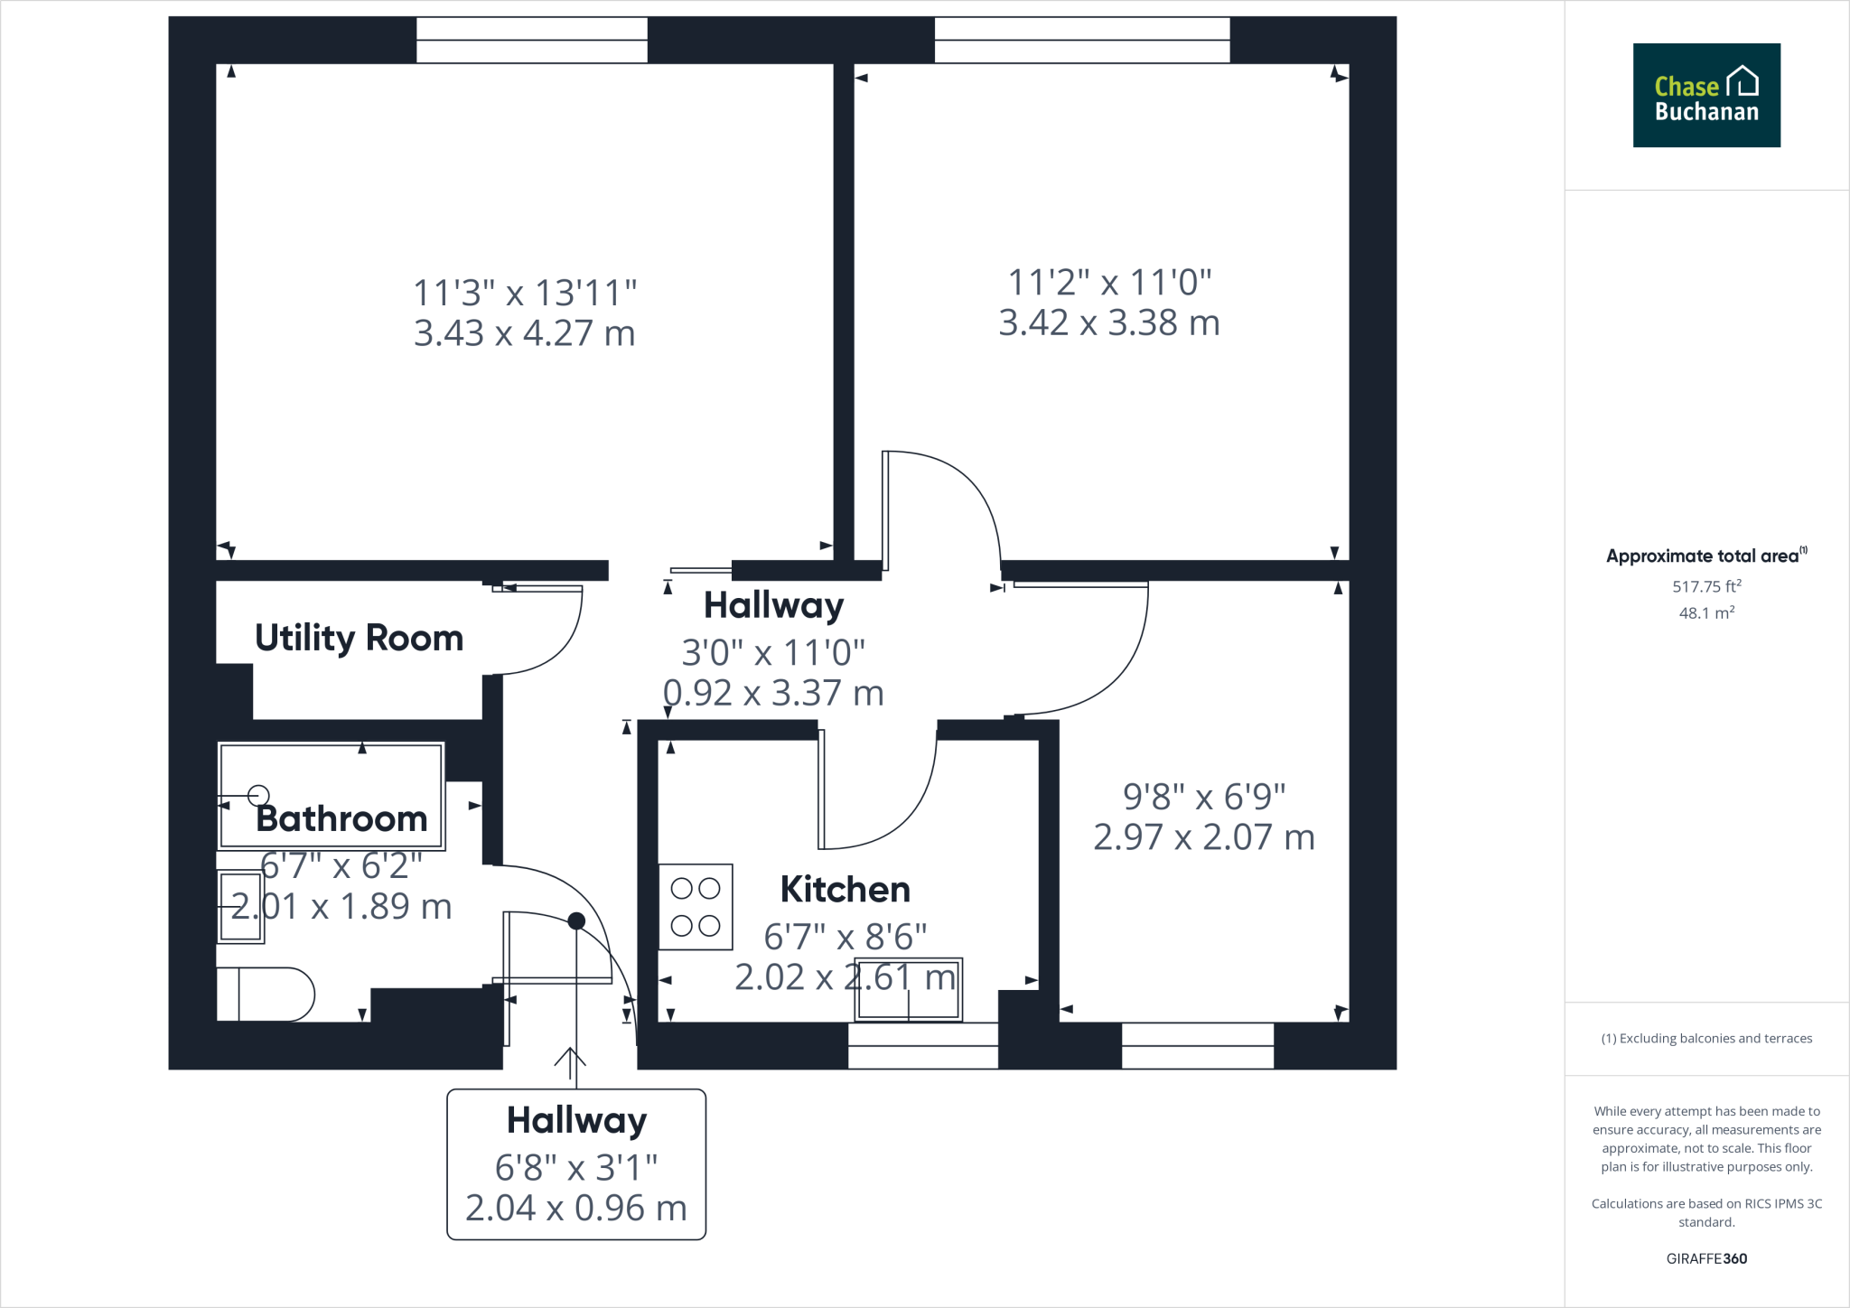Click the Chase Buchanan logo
pyautogui.click(x=1705, y=95)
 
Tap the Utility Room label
pyautogui.click(x=359, y=638)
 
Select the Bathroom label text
pyautogui.click(x=341, y=818)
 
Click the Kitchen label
pyautogui.click(x=845, y=889)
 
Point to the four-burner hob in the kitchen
pyautogui.click(x=695, y=907)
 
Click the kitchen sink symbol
pyautogui.click(x=908, y=989)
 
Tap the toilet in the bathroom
pyautogui.click(x=267, y=995)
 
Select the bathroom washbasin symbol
pyautogui.click(x=240, y=906)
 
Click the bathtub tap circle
pyautogui.click(x=259, y=795)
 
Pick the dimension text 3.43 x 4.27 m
pyautogui.click(x=524, y=333)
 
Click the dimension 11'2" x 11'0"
pyautogui.click(x=1108, y=283)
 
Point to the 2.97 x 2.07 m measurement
pyautogui.click(x=1203, y=837)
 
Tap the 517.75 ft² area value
pyautogui.click(x=1705, y=586)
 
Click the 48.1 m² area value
pyautogui.click(x=1705, y=612)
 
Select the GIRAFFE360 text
pyautogui.click(x=1705, y=1258)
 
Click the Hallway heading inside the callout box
pyautogui.click(x=576, y=1120)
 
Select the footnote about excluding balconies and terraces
pyautogui.click(x=1705, y=1038)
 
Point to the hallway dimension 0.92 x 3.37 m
pyautogui.click(x=773, y=693)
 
